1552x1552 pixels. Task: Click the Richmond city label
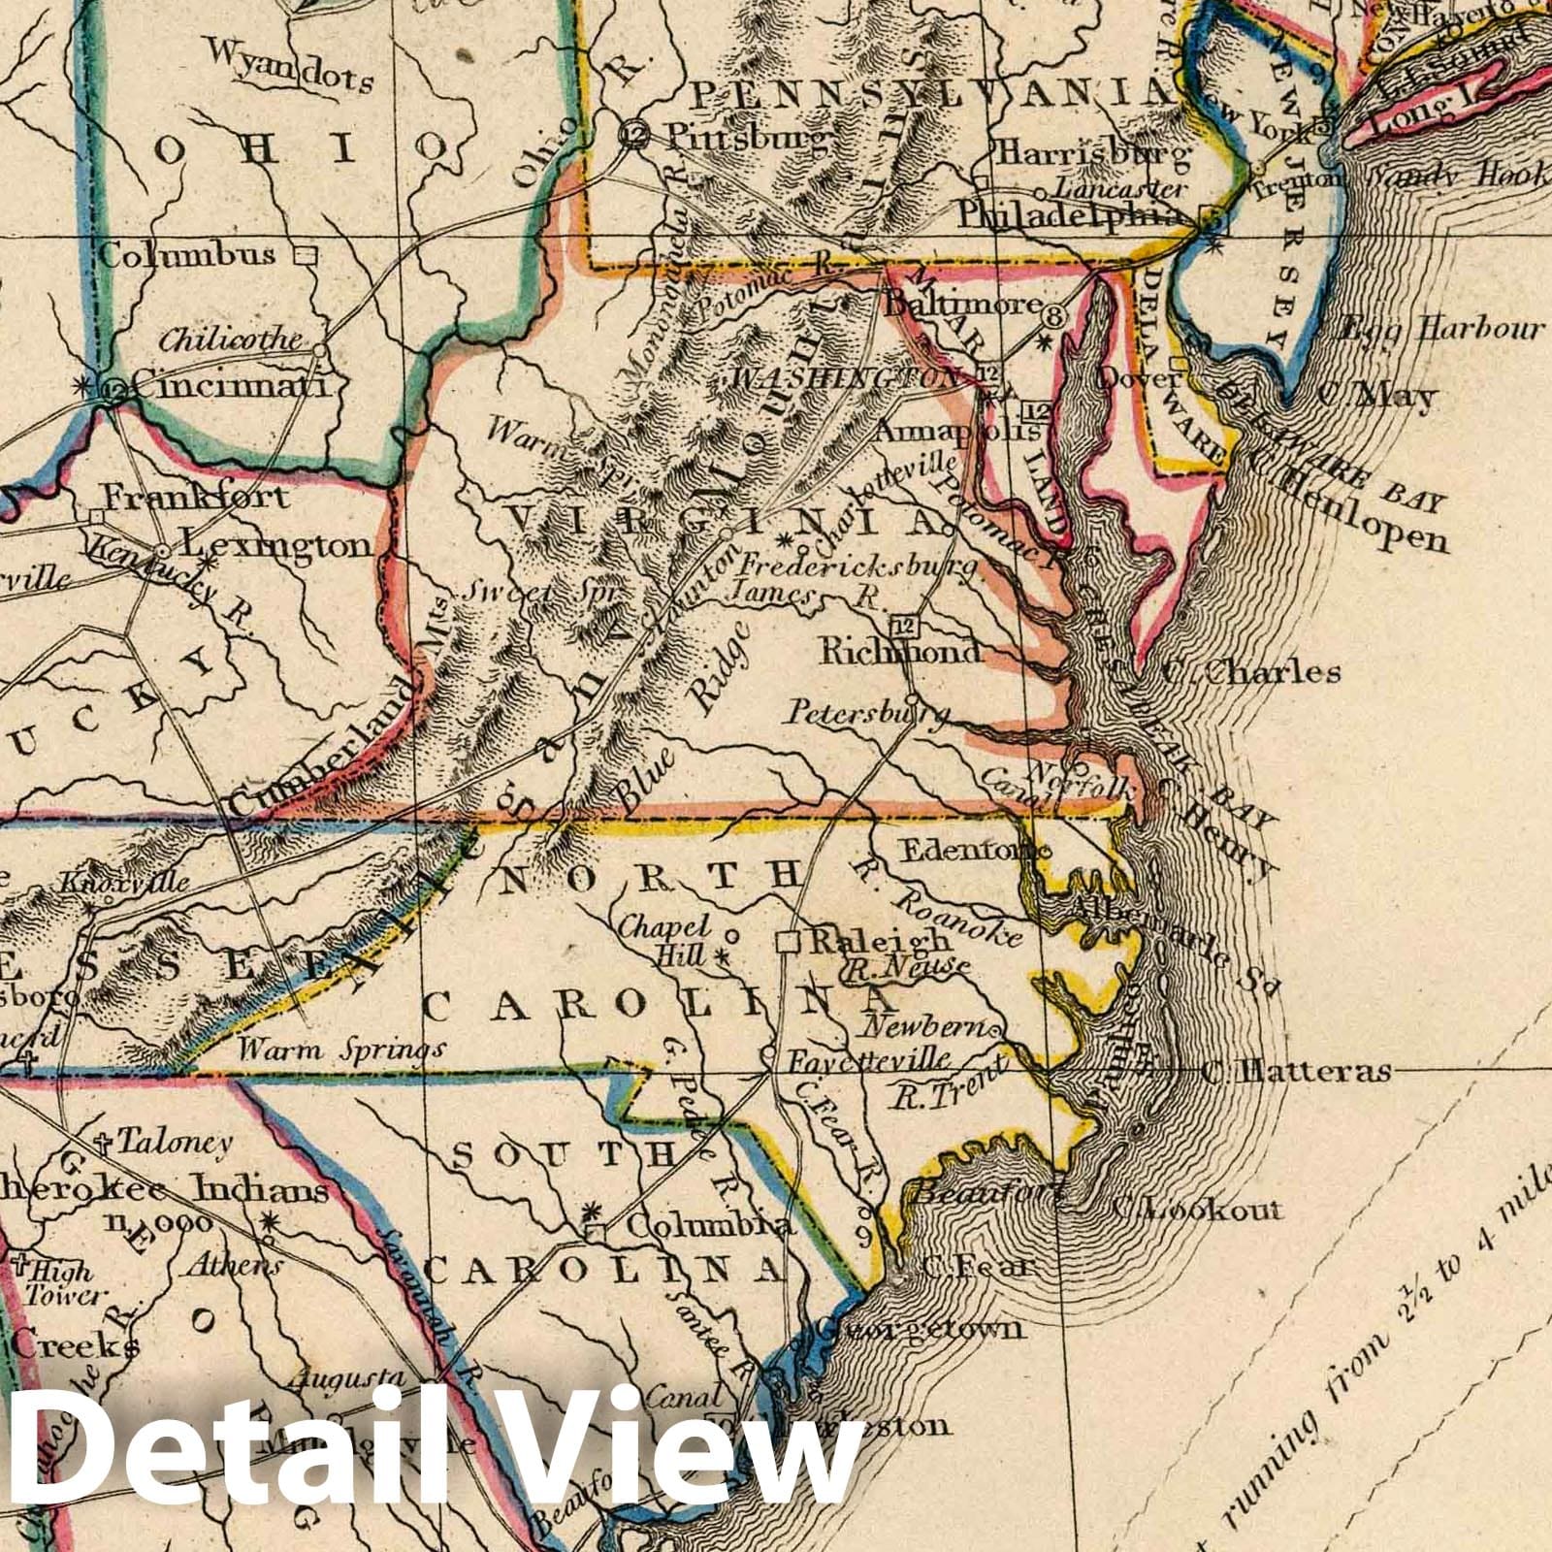(x=900, y=653)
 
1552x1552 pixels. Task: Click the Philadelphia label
(x=1077, y=215)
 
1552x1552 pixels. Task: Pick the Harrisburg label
(x=1090, y=152)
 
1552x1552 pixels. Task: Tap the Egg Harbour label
(x=1440, y=330)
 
